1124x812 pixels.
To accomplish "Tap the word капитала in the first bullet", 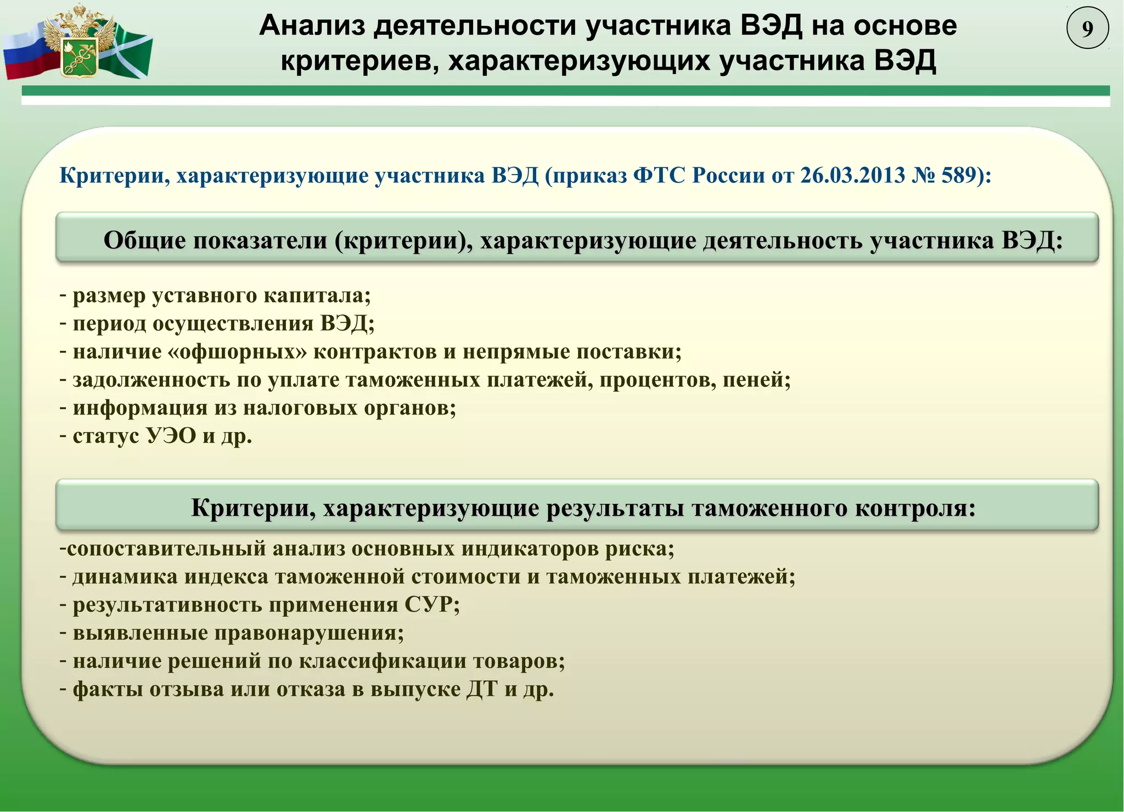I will tap(317, 295).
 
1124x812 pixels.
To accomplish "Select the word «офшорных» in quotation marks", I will tap(238, 351).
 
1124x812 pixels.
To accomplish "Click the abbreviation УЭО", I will tap(171, 436).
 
